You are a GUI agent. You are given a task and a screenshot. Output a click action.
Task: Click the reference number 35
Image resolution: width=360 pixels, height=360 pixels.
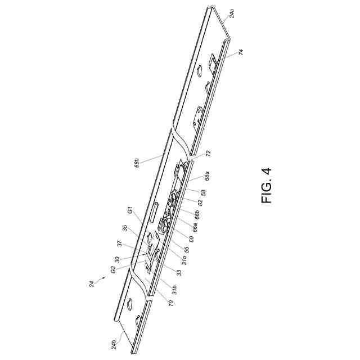(125, 229)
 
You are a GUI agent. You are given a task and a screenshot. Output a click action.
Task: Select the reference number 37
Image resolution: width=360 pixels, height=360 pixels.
(120, 244)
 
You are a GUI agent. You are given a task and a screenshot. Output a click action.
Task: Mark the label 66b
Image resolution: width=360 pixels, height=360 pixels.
(198, 214)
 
